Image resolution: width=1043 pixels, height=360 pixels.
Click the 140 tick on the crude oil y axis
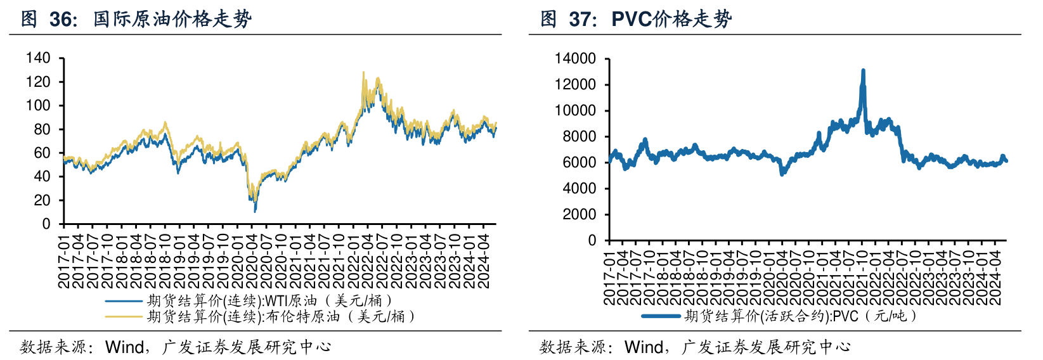37,58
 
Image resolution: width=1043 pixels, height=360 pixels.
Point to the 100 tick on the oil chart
37,105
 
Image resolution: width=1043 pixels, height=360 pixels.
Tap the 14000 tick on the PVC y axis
575,59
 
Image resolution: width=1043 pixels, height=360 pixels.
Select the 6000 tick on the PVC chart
579,163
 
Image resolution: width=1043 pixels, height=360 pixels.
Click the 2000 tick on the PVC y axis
579,215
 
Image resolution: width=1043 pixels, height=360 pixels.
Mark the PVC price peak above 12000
863,71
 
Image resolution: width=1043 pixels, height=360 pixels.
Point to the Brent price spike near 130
363,72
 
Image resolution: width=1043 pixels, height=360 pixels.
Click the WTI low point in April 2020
255,210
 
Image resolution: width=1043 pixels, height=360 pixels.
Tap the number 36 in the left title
62,19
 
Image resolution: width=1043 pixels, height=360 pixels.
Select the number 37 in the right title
581,19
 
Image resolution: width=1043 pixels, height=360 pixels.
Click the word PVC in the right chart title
632,19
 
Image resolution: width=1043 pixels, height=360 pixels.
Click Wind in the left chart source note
124,347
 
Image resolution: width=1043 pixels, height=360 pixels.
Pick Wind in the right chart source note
644,347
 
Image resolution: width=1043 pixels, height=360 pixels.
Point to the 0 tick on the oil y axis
46,224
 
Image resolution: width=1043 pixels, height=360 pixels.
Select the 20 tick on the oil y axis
42,200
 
